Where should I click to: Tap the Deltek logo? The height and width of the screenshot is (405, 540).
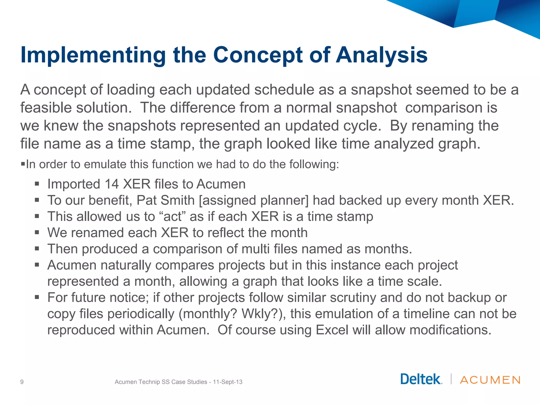(421, 379)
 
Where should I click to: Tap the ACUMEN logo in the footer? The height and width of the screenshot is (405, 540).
(490, 380)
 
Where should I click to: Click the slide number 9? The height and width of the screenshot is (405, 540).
(22, 382)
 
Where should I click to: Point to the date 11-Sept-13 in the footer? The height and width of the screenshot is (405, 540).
(228, 382)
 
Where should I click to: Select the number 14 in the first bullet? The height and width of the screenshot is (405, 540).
(112, 184)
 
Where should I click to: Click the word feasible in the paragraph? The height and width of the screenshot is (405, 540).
(46, 108)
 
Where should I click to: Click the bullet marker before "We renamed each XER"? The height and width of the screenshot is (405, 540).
(37, 233)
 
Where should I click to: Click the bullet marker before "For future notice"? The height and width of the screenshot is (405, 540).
(37, 297)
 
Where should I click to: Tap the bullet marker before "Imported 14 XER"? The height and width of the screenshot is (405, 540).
(37, 184)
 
